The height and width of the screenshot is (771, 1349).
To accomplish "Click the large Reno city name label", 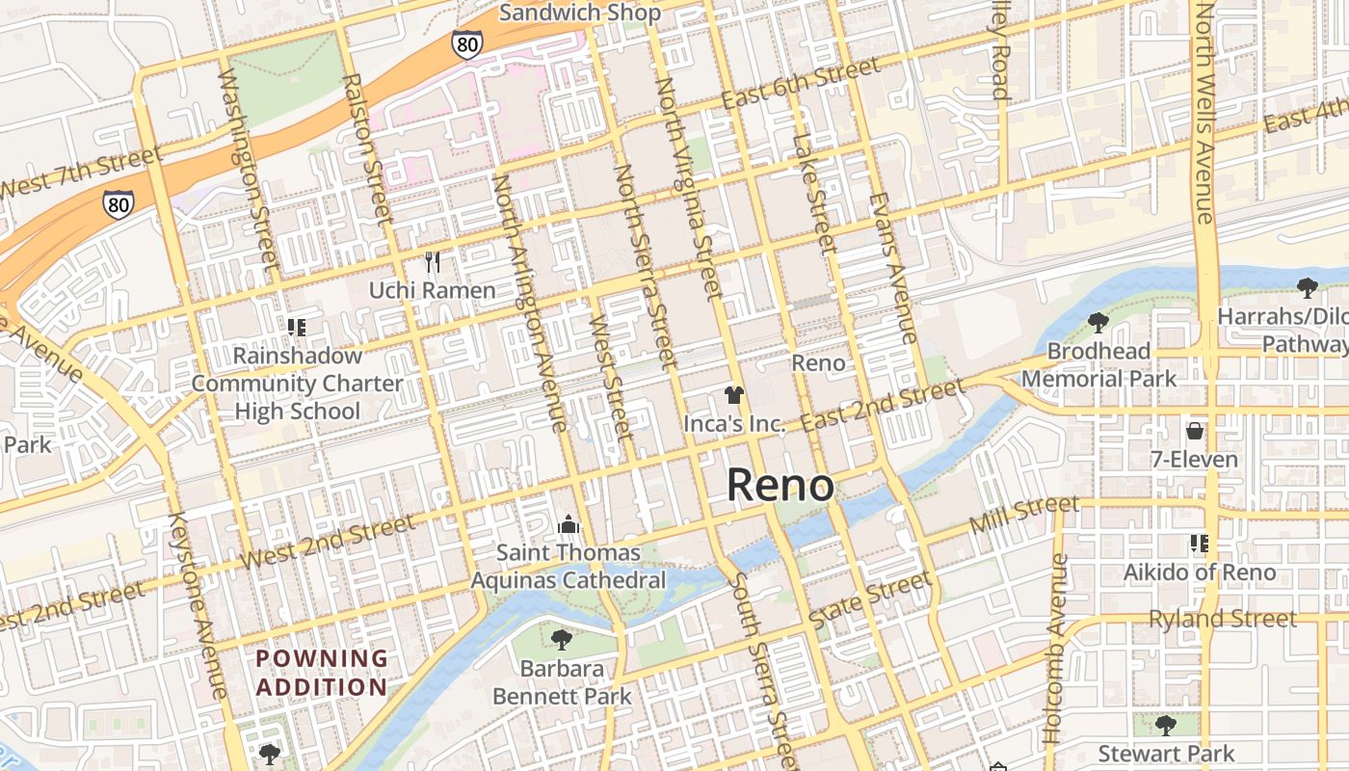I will pyautogui.click(x=780, y=485).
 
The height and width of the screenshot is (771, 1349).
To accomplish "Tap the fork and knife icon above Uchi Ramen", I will pyautogui.click(x=433, y=262).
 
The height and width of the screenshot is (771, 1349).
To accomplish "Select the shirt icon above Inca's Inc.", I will pyautogui.click(x=734, y=395).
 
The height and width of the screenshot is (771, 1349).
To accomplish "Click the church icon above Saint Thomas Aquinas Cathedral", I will pyautogui.click(x=569, y=525).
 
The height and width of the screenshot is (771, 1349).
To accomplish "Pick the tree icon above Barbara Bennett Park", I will pyautogui.click(x=562, y=640).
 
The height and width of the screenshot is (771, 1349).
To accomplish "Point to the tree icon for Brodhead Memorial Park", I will pyautogui.click(x=1098, y=323).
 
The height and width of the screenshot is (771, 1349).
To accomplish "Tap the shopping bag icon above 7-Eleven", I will pyautogui.click(x=1195, y=431).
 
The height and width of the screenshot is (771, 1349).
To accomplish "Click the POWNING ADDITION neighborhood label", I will pyautogui.click(x=321, y=673).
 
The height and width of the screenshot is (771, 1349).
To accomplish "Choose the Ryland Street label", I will pyautogui.click(x=1223, y=619).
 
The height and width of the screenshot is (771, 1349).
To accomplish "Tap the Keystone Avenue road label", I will pyautogui.click(x=198, y=604).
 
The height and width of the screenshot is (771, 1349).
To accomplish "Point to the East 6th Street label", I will pyautogui.click(x=800, y=84).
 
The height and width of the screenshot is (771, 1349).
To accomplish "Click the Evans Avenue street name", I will pyautogui.click(x=893, y=268).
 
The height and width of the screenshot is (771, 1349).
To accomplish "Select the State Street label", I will pyautogui.click(x=871, y=598).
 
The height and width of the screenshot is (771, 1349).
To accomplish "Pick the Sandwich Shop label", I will pyautogui.click(x=580, y=13).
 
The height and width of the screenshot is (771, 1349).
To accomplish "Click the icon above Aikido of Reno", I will pyautogui.click(x=1199, y=544).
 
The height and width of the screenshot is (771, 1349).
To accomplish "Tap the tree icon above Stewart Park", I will pyautogui.click(x=1165, y=725).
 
